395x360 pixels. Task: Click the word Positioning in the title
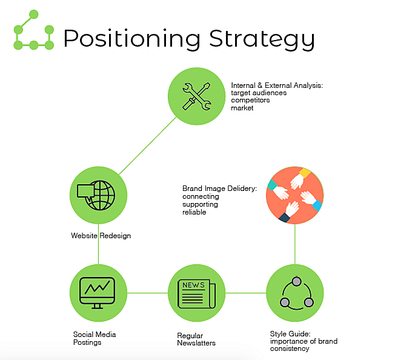131,38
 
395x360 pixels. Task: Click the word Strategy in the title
262,38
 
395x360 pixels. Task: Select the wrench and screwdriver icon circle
196,96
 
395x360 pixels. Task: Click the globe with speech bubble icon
98,196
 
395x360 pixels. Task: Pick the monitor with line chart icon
98,293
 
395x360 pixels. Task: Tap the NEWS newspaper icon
196,293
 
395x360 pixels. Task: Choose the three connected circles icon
295,293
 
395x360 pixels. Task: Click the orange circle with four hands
294,195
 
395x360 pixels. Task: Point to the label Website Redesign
101,236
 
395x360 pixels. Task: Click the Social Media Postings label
95,338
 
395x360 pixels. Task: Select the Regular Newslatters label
196,339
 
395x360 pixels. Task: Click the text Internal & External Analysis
276,86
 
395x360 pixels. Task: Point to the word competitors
250,100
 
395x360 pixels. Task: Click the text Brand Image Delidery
219,189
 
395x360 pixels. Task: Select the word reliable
194,212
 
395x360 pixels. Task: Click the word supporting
200,204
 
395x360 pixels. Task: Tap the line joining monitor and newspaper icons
147,293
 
